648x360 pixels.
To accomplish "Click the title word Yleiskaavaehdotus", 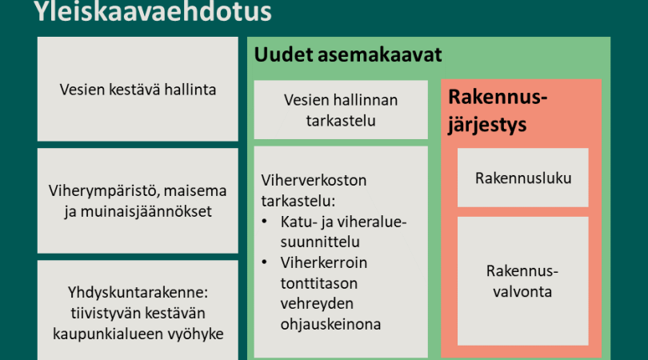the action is point(153,11).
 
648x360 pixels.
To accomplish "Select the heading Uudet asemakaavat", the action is point(347,54).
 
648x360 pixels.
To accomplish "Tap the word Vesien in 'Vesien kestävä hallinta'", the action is point(82,90).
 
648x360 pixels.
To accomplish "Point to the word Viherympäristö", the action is point(104,191).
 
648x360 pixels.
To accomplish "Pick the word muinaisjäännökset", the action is point(146,212).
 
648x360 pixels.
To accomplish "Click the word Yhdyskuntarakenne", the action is point(138,292).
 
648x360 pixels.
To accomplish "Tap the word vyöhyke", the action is point(197,334).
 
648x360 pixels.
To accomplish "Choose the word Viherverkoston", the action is point(314,180).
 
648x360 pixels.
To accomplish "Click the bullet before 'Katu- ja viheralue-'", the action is point(265,221).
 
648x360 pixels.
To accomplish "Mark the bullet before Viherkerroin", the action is point(265,262).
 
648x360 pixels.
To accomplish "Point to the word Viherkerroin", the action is point(323,262).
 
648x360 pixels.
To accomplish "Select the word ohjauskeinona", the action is point(330,325).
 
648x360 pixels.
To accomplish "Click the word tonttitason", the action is point(318,283).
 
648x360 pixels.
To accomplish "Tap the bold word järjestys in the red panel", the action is point(487,125).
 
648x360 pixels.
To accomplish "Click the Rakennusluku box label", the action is point(523,178).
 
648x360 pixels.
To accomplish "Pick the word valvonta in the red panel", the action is point(522,292).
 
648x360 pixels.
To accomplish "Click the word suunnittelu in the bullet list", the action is point(320,242).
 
